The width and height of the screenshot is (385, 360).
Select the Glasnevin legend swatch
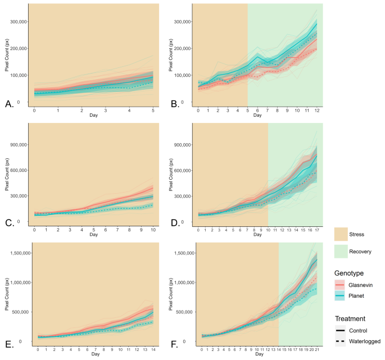coord(341,285)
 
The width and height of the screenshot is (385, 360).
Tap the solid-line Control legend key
coord(341,330)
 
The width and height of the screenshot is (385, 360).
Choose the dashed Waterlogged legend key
coord(341,341)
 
